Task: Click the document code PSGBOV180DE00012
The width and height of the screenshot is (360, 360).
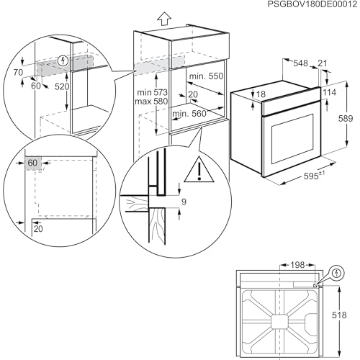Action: [x=312, y=4]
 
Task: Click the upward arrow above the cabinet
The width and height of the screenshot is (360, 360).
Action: [x=164, y=19]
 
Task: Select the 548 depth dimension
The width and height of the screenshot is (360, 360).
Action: [x=300, y=63]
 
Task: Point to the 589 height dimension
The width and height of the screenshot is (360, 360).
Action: [x=346, y=118]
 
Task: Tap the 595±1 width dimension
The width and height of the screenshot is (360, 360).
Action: [x=315, y=176]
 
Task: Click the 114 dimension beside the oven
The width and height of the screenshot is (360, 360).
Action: [x=330, y=92]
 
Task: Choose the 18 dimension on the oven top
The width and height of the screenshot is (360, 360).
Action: [x=261, y=94]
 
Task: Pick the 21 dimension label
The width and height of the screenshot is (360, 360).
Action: [x=322, y=63]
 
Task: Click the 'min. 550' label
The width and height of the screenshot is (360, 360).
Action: [x=206, y=76]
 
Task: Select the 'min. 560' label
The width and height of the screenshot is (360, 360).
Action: [x=189, y=114]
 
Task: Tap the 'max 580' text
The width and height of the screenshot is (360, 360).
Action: [x=151, y=102]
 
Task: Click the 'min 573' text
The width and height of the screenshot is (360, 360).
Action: [x=152, y=92]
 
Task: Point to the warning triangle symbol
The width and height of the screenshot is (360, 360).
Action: [x=199, y=169]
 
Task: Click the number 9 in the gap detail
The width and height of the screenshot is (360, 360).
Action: [x=184, y=202]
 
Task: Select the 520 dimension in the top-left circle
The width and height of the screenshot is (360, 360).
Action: [x=62, y=86]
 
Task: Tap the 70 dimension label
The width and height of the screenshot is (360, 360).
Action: [x=18, y=72]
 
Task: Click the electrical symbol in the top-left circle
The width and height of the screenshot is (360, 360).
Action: [x=63, y=60]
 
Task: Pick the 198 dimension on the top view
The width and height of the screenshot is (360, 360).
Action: [x=297, y=265]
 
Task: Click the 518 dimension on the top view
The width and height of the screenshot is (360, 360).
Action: [x=339, y=315]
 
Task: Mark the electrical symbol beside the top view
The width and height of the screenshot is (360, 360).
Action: [x=338, y=273]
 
